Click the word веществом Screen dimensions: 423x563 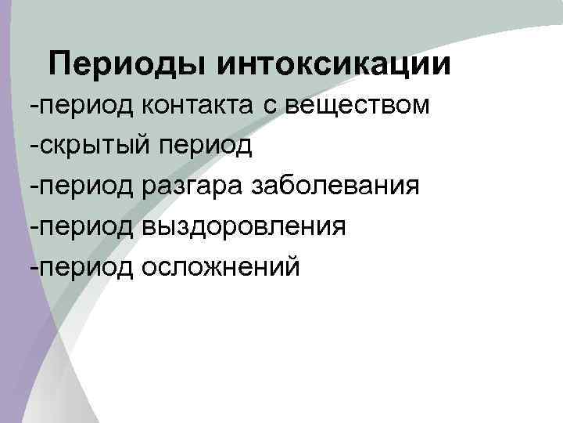coord(356,106)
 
